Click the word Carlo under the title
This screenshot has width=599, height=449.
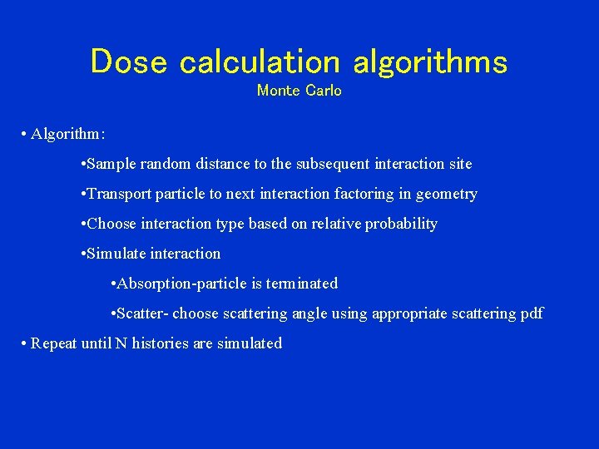(324, 91)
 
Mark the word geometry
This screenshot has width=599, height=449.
(447, 194)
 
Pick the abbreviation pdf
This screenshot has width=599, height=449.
(530, 313)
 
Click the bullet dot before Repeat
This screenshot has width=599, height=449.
(26, 343)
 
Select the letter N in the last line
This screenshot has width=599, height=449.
(121, 343)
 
